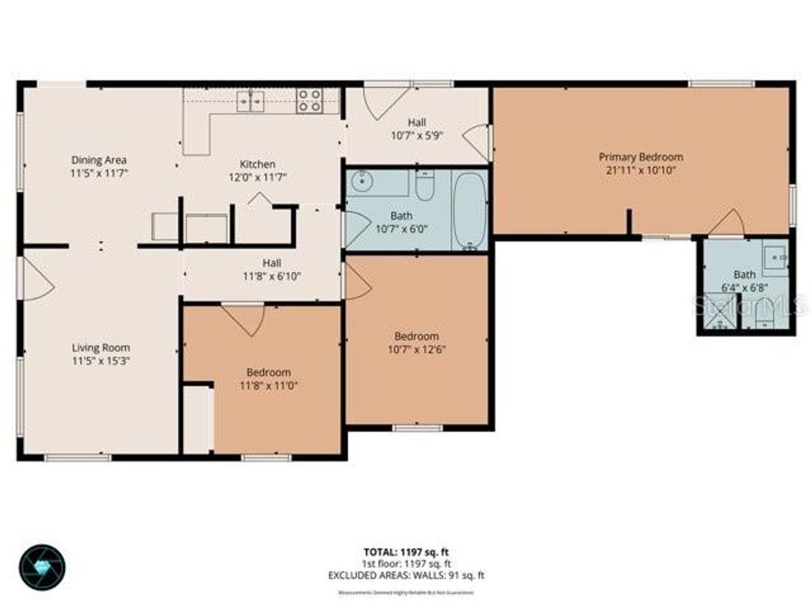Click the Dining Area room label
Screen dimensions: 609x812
coord(99,159)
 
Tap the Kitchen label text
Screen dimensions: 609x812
coord(258,164)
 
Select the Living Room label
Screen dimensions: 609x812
coord(101,347)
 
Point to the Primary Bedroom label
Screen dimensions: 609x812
coord(641,157)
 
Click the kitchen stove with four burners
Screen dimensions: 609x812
coord(309,100)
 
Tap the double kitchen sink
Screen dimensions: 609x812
coord(251,101)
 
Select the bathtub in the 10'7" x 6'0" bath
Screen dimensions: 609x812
coord(469,210)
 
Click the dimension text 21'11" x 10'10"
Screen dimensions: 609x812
coord(641,170)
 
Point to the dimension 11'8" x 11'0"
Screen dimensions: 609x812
coord(268,385)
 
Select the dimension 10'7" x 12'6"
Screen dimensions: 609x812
coord(416,349)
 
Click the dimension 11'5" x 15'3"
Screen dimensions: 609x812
coord(101,360)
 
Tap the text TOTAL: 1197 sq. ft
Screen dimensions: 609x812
coord(406,552)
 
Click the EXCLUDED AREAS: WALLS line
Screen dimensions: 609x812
coord(406,576)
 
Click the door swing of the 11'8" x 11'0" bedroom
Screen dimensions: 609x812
coord(244,318)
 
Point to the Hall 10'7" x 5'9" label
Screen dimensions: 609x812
coord(416,128)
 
